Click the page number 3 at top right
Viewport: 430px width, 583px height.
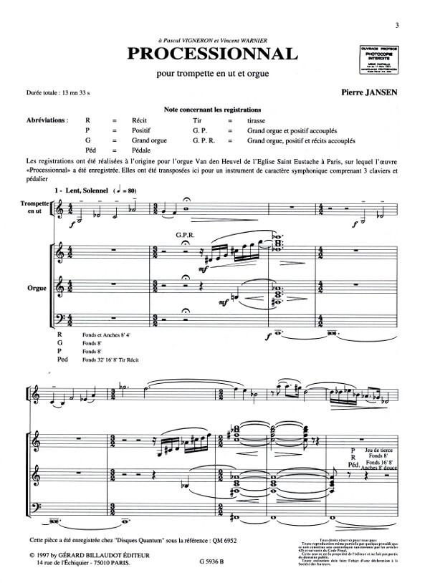pos(416,26)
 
